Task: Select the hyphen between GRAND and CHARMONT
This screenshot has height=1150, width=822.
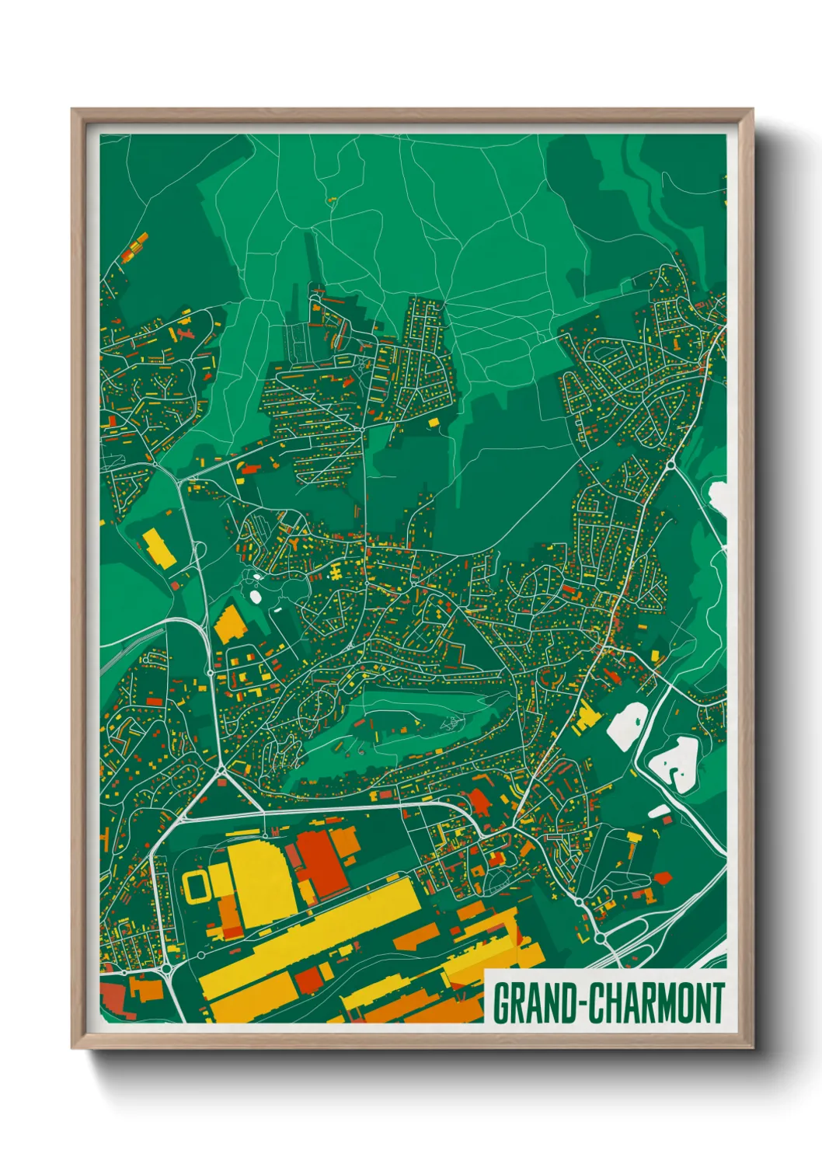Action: coord(579,1004)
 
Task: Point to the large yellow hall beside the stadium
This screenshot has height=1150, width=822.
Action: coord(260,883)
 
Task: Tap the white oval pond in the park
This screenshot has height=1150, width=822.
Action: coord(256,597)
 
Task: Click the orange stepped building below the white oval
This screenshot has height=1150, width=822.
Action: coord(230,623)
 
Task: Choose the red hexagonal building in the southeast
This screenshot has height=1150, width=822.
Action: coord(663,878)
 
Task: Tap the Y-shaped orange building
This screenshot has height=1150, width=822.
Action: coord(185,333)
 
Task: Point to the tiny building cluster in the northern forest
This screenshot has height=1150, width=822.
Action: coord(333,200)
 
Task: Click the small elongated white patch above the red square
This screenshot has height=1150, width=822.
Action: coord(659,811)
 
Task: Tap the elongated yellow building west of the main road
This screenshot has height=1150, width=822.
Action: coord(158,548)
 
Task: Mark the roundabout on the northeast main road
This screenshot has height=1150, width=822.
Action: coord(670,465)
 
